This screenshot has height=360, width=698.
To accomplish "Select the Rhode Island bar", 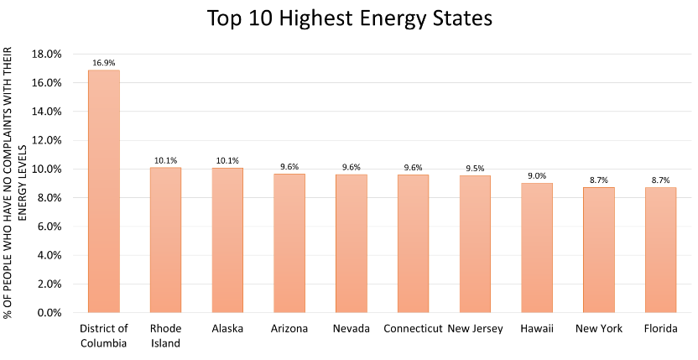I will click(165, 240).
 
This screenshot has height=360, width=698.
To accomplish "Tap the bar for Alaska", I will click(227, 240).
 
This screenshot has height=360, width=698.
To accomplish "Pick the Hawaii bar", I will click(537, 248).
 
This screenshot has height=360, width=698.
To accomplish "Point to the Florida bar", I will click(660, 250).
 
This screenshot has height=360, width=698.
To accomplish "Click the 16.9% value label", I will click(103, 61).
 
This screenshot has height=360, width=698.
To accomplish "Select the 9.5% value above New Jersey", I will click(475, 168).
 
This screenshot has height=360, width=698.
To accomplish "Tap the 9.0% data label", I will click(537, 175).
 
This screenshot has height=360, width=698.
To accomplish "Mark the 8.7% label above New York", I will click(598, 180).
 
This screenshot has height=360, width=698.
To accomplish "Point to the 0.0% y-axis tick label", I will click(49, 312).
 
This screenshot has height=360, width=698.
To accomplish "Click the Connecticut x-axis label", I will click(413, 328).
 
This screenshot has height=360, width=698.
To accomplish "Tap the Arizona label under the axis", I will click(289, 328).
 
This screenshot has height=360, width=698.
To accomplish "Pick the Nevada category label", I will click(351, 328).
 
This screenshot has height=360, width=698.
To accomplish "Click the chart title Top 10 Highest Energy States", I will click(348, 18).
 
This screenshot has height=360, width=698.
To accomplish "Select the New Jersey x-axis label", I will click(475, 328).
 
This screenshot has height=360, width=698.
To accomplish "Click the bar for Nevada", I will click(351, 243).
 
